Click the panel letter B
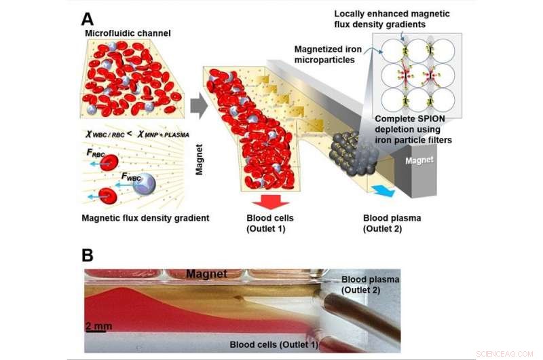[x=88, y=255]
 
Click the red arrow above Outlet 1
[x=269, y=203]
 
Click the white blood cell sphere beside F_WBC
[x=145, y=184]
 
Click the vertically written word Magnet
[x=200, y=159]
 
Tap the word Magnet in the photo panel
[x=208, y=273]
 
